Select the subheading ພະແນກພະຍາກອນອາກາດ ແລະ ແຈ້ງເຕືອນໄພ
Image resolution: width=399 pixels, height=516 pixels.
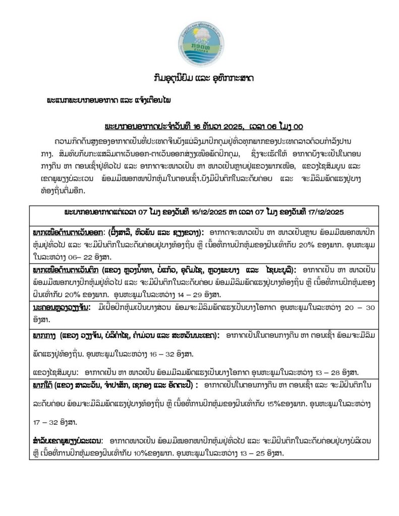(x=108, y=100)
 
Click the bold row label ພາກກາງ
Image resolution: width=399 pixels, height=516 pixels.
(x=44, y=335)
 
